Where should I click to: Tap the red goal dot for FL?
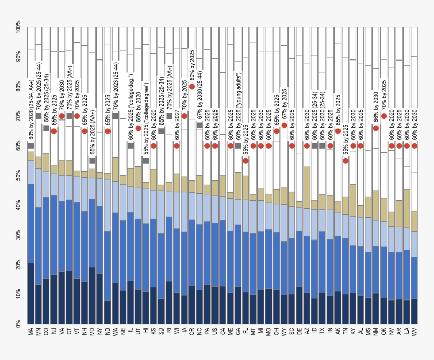point(246,161)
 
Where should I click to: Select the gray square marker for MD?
point(92,161)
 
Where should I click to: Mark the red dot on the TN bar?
point(345,161)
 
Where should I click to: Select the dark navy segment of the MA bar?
point(31,292)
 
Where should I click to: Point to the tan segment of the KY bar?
point(353,200)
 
